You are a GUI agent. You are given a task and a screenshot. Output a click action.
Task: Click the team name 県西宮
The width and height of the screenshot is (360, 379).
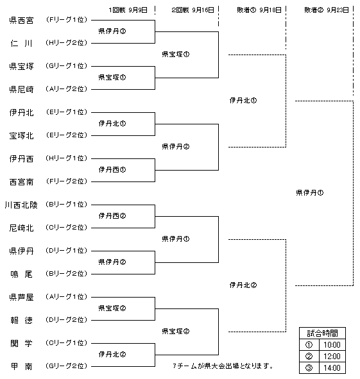click(21, 21)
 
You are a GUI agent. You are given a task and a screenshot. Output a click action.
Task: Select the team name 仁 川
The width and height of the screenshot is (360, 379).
click(21, 44)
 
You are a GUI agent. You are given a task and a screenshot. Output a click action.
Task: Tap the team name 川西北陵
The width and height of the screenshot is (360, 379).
click(21, 205)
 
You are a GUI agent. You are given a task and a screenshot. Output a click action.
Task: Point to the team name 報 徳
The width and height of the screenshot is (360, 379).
click(21, 320)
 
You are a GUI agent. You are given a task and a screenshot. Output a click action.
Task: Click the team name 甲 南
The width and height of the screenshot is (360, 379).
click(21, 366)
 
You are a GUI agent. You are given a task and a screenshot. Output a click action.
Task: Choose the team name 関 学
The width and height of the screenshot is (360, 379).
click(21, 344)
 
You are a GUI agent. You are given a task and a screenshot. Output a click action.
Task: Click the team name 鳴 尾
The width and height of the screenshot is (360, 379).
click(21, 274)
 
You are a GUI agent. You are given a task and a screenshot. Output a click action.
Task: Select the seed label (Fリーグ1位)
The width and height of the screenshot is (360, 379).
click(66, 20)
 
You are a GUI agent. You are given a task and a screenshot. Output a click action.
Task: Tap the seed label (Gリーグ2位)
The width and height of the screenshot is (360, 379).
click(66, 366)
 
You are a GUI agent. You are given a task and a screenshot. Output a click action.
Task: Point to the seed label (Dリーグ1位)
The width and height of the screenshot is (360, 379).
click(66, 250)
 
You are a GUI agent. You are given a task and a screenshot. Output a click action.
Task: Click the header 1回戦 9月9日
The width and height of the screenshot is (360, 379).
click(128, 10)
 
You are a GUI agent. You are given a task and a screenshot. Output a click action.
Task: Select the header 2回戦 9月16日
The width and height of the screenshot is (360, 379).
click(193, 10)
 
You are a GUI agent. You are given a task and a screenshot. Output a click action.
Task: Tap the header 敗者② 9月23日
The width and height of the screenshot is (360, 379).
click(327, 10)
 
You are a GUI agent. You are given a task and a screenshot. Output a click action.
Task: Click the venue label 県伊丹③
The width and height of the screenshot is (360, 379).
click(112, 31)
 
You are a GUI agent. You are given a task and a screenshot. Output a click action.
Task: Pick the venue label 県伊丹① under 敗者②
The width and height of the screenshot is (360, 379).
click(310, 192)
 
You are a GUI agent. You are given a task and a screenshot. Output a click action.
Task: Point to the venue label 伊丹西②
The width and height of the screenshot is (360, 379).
click(112, 215)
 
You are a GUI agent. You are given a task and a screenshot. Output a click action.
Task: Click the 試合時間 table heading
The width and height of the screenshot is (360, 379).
click(322, 333)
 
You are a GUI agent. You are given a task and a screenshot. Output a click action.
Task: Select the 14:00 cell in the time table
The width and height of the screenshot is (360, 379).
click(332, 368)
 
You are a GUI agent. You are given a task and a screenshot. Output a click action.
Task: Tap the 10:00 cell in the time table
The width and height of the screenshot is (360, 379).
click(332, 344)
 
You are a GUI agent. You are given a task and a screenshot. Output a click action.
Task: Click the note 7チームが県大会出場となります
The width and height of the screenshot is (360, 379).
click(223, 366)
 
